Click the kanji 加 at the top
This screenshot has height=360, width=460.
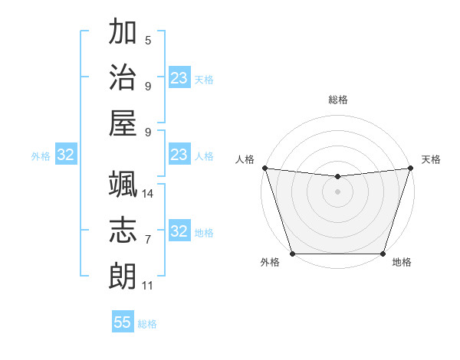tap(123, 33)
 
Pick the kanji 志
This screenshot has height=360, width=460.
tap(123, 229)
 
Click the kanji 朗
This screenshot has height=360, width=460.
tap(123, 273)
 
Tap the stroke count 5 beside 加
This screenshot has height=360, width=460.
tap(148, 40)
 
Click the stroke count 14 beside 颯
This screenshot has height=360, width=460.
tap(148, 193)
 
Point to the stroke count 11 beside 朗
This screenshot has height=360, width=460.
tap(148, 286)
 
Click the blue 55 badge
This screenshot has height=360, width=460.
tap(123, 322)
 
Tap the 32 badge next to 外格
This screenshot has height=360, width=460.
tap(65, 155)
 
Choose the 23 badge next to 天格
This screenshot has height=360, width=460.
tap(179, 78)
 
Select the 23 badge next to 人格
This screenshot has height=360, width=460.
tap(179, 155)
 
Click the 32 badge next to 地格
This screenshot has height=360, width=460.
tap(179, 231)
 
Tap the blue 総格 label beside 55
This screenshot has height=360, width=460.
tap(147, 324)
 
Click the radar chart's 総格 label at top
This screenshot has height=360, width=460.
tap(337, 100)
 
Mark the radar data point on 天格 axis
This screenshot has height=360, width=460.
tap(410, 168)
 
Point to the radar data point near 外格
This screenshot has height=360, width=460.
tap(292, 254)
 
